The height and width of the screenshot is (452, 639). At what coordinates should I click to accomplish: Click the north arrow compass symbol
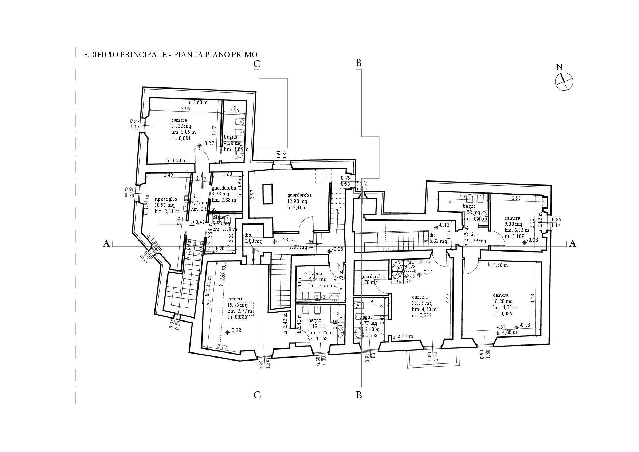(564, 81)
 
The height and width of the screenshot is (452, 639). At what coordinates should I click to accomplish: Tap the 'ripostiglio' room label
(166, 199)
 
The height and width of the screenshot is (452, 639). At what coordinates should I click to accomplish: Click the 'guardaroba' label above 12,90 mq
(299, 195)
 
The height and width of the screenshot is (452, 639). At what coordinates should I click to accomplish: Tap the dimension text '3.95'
(186, 109)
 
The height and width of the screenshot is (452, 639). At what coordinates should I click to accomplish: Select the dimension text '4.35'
(501, 327)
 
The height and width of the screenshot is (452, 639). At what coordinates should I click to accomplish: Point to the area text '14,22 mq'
(181, 126)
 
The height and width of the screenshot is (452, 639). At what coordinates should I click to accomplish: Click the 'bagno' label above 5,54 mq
(315, 273)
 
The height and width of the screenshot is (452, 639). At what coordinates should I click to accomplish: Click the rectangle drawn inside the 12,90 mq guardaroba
(268, 194)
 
